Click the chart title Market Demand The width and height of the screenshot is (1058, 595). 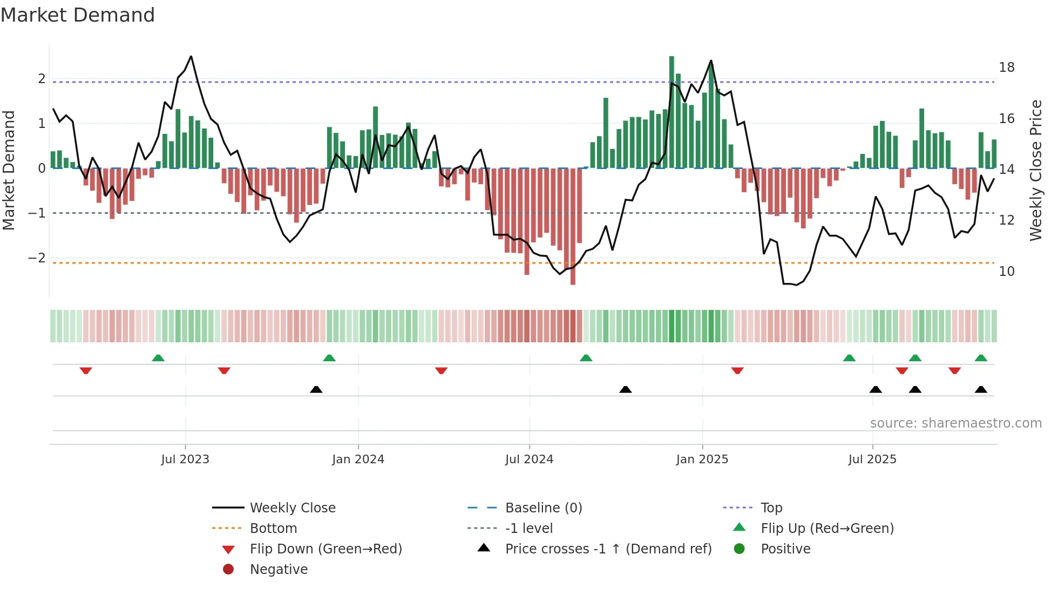pyautogui.click(x=78, y=15)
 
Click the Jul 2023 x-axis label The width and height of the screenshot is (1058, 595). pyautogui.click(x=185, y=459)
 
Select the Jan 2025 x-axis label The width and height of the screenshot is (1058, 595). pyautogui.click(x=702, y=459)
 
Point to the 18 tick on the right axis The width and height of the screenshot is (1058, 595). pyautogui.click(x=1006, y=67)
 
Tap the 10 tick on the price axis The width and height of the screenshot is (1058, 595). pyautogui.click(x=1006, y=272)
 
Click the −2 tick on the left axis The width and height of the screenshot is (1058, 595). pyautogui.click(x=37, y=258)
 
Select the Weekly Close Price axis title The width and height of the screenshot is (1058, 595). pyautogui.click(x=1035, y=170)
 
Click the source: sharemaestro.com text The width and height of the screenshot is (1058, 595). pyautogui.click(x=955, y=423)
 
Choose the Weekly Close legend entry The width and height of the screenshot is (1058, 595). pyautogui.click(x=292, y=508)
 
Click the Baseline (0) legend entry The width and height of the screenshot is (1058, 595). pyautogui.click(x=543, y=508)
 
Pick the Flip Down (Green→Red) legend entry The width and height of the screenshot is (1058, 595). pyautogui.click(x=325, y=549)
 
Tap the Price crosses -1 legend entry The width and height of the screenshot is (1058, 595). pyautogui.click(x=608, y=549)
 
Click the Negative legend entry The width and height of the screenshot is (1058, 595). pyautogui.click(x=279, y=570)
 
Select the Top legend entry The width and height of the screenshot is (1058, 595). pyautogui.click(x=771, y=508)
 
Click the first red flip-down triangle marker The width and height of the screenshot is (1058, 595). pyautogui.click(x=86, y=370)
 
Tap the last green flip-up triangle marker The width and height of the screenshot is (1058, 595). pyautogui.click(x=981, y=358)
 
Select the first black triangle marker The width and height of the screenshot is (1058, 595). pyautogui.click(x=316, y=389)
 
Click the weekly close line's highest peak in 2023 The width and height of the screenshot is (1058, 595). pyautogui.click(x=191, y=57)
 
